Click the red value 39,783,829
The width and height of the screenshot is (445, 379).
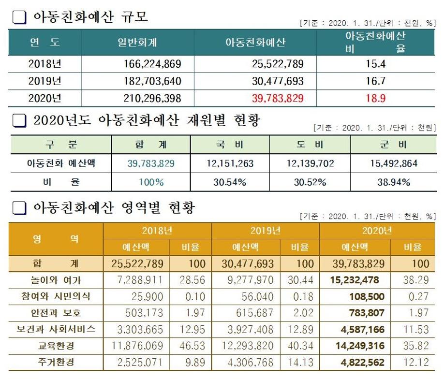click(x=278, y=99)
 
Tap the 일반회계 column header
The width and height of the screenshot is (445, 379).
click(x=137, y=43)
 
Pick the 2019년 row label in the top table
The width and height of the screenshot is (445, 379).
click(x=44, y=81)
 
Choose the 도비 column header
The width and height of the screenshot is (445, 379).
click(x=310, y=144)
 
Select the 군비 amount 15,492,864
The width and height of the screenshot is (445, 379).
click(x=393, y=163)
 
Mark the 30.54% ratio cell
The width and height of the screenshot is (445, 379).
click(x=230, y=182)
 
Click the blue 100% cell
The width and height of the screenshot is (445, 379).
click(x=151, y=182)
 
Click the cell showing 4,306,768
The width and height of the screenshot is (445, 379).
click(x=250, y=363)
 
